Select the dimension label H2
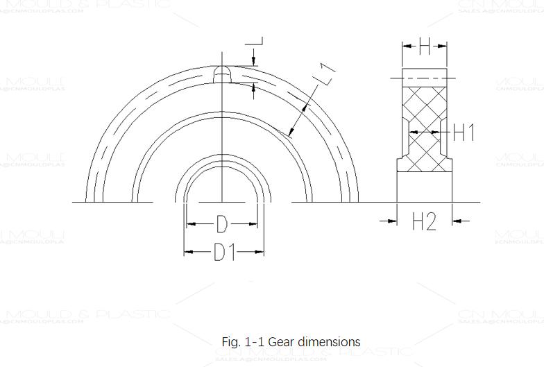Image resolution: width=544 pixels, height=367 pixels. point(424,222)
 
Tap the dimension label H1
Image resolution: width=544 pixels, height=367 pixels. point(464,131)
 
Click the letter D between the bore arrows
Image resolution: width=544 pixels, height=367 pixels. point(221,225)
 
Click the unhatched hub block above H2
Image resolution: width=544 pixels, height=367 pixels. point(424,186)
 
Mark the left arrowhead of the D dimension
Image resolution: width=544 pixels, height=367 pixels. point(192,224)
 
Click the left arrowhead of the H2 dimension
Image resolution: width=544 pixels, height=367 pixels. point(391,221)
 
